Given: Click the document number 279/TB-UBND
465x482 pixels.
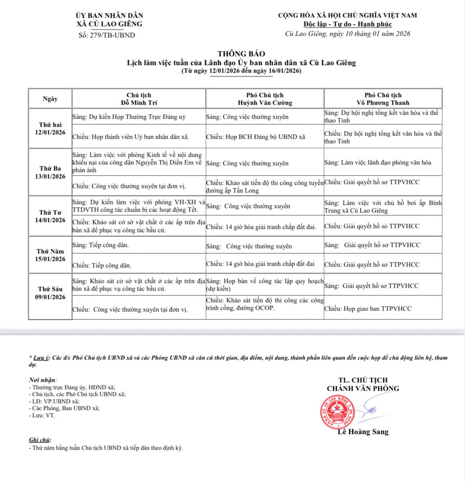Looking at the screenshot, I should pos(107,35).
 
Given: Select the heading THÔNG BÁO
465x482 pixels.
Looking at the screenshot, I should pos(241,54).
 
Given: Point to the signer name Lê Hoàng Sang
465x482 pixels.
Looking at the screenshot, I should pos(363,432).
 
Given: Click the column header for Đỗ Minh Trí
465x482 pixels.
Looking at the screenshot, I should pos(139,99).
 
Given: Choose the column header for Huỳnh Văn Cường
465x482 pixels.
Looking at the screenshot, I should pos(265,99).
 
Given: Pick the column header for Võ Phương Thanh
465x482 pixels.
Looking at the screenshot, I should pos(383,99).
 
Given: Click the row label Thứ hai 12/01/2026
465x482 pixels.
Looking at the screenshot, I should pos(50,129).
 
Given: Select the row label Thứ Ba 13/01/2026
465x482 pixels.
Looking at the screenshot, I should pos(50,172).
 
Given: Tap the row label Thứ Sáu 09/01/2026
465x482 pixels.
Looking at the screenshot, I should pos(50,293).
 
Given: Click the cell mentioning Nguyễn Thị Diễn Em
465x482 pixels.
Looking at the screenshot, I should pos(137,162).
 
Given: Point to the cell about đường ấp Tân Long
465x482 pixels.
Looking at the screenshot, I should pos(265,186).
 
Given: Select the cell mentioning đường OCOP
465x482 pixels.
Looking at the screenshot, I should pos(265,304).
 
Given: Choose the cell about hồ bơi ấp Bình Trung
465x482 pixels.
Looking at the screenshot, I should pos(383,207).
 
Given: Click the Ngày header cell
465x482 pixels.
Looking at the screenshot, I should pos(50,99).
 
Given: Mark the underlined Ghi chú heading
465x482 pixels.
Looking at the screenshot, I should pos(40,440).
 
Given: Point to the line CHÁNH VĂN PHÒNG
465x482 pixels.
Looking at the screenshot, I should pos(363,388).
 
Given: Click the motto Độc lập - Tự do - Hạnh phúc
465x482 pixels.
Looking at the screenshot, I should pos(348,24).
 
